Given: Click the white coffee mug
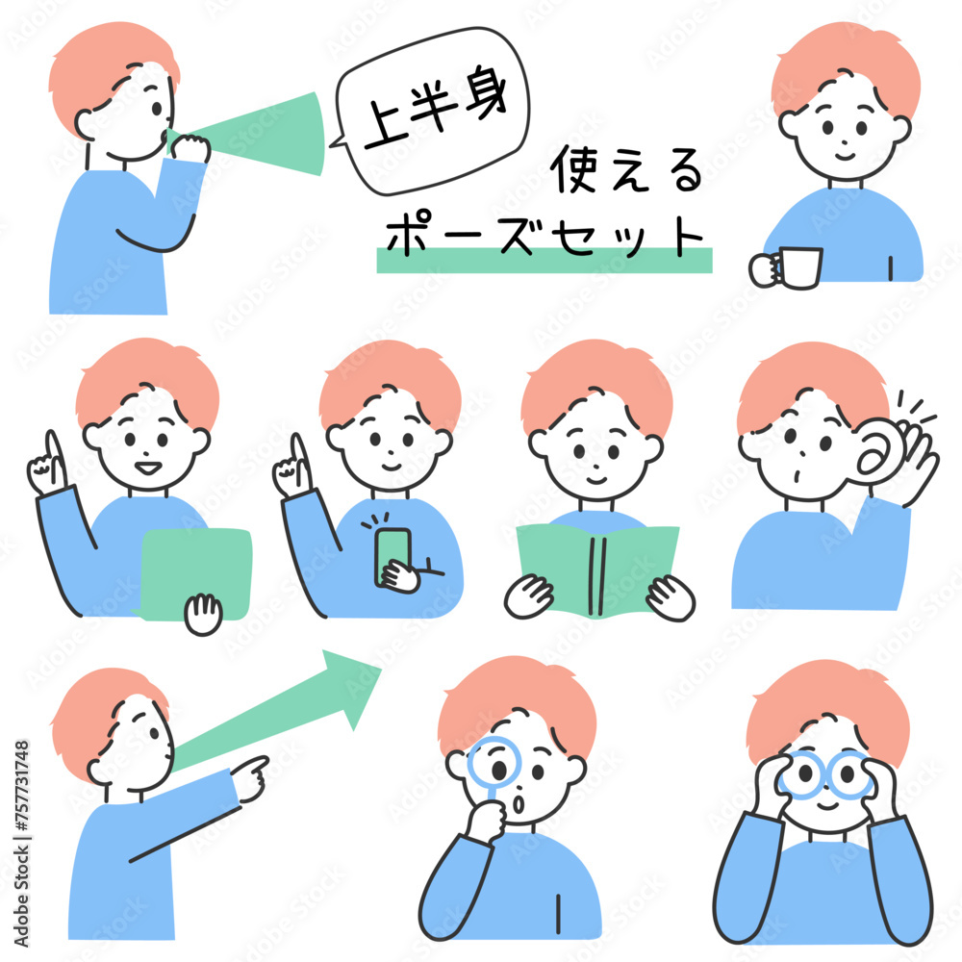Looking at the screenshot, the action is pos(798,267).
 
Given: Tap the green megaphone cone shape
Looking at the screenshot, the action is pos(258,135).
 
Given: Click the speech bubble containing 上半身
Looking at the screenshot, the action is pos(432,112).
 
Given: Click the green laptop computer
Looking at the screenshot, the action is pos(196,574).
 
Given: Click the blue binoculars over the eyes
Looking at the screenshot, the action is pos(824,775).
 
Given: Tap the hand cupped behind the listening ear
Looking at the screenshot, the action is pos(914,460).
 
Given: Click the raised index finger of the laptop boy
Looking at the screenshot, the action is pos(53,454).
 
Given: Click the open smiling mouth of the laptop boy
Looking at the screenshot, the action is pos(148,468).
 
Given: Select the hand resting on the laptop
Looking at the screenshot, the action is pos(203,614).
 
